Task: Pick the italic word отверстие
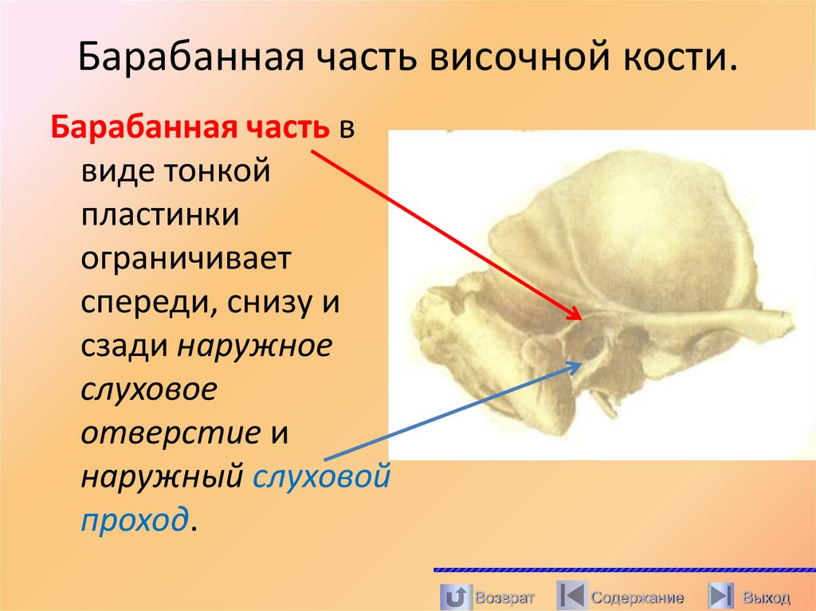point(171,434)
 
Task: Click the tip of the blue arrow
point(581,362)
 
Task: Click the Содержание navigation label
point(637,597)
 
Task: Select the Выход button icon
point(720,596)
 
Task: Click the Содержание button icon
point(571,596)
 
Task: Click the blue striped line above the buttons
point(623,570)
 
